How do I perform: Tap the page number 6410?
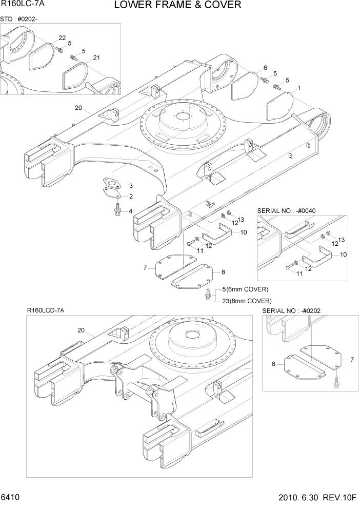(x=11, y=499)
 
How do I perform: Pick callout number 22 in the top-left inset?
(x=62, y=38)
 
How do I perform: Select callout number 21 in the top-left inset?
(x=96, y=57)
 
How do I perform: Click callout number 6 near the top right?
(x=265, y=68)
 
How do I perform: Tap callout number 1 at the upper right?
(x=299, y=88)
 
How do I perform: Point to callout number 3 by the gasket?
(x=131, y=186)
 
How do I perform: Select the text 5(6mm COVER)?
(x=245, y=289)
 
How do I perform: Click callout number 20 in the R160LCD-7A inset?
(x=81, y=330)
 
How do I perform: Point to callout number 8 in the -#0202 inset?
(x=273, y=364)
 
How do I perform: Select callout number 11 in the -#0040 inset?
(x=299, y=273)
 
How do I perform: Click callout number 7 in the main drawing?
(x=145, y=267)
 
